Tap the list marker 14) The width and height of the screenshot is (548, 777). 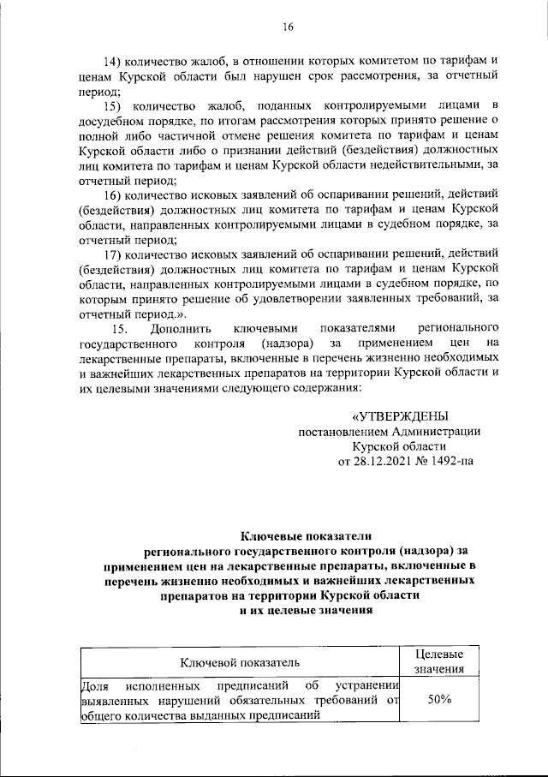point(113,62)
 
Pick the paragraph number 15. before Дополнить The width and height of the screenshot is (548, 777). point(120,329)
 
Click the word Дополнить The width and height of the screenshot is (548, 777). point(177,329)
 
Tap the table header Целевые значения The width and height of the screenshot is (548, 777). point(439,662)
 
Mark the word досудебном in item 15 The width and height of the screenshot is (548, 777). point(111,120)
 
